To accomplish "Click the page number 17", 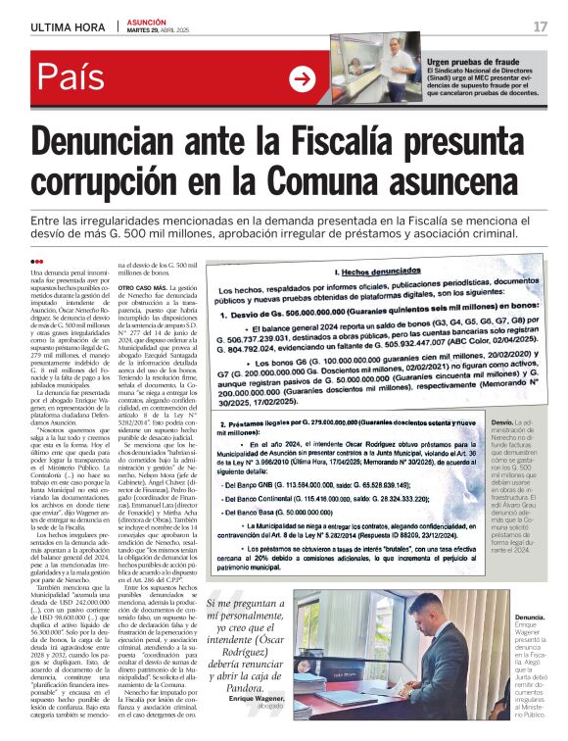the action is (540, 26).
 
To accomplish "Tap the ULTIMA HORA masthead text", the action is (68, 26).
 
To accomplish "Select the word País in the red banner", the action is (75, 77).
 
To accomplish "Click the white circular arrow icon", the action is (303, 79).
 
